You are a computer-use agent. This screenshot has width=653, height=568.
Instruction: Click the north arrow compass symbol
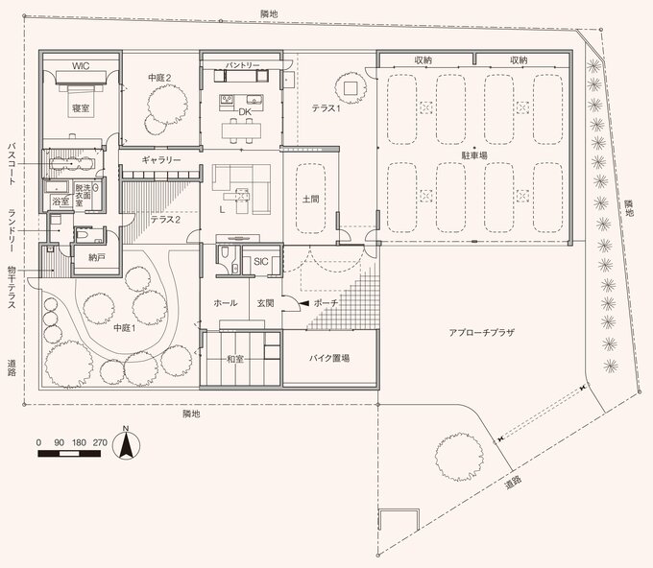126,445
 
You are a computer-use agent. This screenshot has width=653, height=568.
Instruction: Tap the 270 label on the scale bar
100,442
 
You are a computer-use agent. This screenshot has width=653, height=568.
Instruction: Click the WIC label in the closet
81,66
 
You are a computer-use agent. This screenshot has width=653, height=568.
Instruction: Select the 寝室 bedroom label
81,108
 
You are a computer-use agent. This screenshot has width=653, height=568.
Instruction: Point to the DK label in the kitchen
245,112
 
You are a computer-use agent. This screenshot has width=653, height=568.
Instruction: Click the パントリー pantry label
243,66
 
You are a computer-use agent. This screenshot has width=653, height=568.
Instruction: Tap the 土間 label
311,199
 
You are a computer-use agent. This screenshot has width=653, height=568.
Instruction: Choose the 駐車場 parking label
474,155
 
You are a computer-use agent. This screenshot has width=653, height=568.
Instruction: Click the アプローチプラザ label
482,333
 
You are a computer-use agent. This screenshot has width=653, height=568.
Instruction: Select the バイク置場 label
329,358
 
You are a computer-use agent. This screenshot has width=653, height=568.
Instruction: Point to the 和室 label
235,359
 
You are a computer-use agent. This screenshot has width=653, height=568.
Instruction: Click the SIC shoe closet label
260,262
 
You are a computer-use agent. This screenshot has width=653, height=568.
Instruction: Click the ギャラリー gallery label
161,160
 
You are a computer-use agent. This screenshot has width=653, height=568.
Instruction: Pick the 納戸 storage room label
97,257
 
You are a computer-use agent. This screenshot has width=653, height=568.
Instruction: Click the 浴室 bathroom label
60,201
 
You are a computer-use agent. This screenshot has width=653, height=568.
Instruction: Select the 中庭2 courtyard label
159,78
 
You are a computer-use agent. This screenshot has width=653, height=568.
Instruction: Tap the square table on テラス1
351,88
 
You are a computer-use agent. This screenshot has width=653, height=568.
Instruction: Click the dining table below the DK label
242,130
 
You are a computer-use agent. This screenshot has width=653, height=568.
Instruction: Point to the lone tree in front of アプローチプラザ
459,458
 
